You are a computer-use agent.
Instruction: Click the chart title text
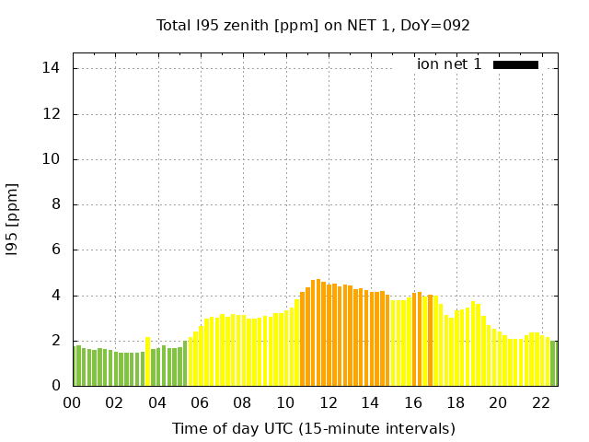pos(313,25)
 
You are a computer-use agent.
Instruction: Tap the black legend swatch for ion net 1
pos(515,64)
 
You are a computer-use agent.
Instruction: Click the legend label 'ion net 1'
pos(449,64)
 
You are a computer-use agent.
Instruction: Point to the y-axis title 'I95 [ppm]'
pos(12,219)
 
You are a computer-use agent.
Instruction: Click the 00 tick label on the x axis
pos(73,402)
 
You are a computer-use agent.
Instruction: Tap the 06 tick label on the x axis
pos(200,402)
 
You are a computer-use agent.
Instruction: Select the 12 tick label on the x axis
pos(328,402)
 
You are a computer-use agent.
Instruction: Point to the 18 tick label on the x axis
pos(455,402)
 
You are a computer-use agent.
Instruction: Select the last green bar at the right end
pos(553,364)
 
